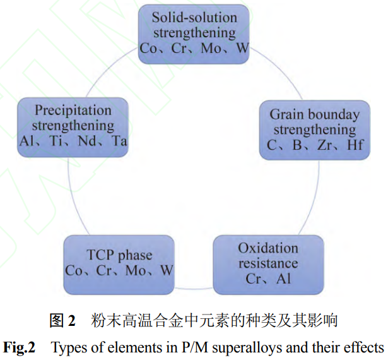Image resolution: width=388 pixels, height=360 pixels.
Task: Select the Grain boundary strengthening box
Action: pyautogui.click(x=314, y=129)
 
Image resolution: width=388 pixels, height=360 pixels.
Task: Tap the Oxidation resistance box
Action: pyautogui.click(x=268, y=263)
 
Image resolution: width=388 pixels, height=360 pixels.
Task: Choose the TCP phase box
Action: pyautogui.click(x=119, y=263)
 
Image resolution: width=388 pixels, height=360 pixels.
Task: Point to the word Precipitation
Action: pyautogui.click(x=73, y=110)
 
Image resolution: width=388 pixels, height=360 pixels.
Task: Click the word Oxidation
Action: pyautogui.click(x=268, y=247)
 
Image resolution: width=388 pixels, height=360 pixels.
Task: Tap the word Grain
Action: pyautogui.click(x=285, y=114)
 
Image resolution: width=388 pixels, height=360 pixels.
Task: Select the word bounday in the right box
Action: pyautogui.click(x=331, y=114)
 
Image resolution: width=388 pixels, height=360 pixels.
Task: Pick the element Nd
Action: pyautogui.click(x=83, y=141)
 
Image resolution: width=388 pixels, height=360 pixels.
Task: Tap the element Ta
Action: pyautogui.click(x=118, y=141)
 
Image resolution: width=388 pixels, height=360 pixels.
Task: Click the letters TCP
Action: pyautogui.click(x=99, y=255)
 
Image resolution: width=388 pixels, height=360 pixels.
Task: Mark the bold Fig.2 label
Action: pyautogui.click(x=20, y=347)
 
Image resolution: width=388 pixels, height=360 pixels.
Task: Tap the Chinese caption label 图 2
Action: pyautogui.click(x=62, y=320)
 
